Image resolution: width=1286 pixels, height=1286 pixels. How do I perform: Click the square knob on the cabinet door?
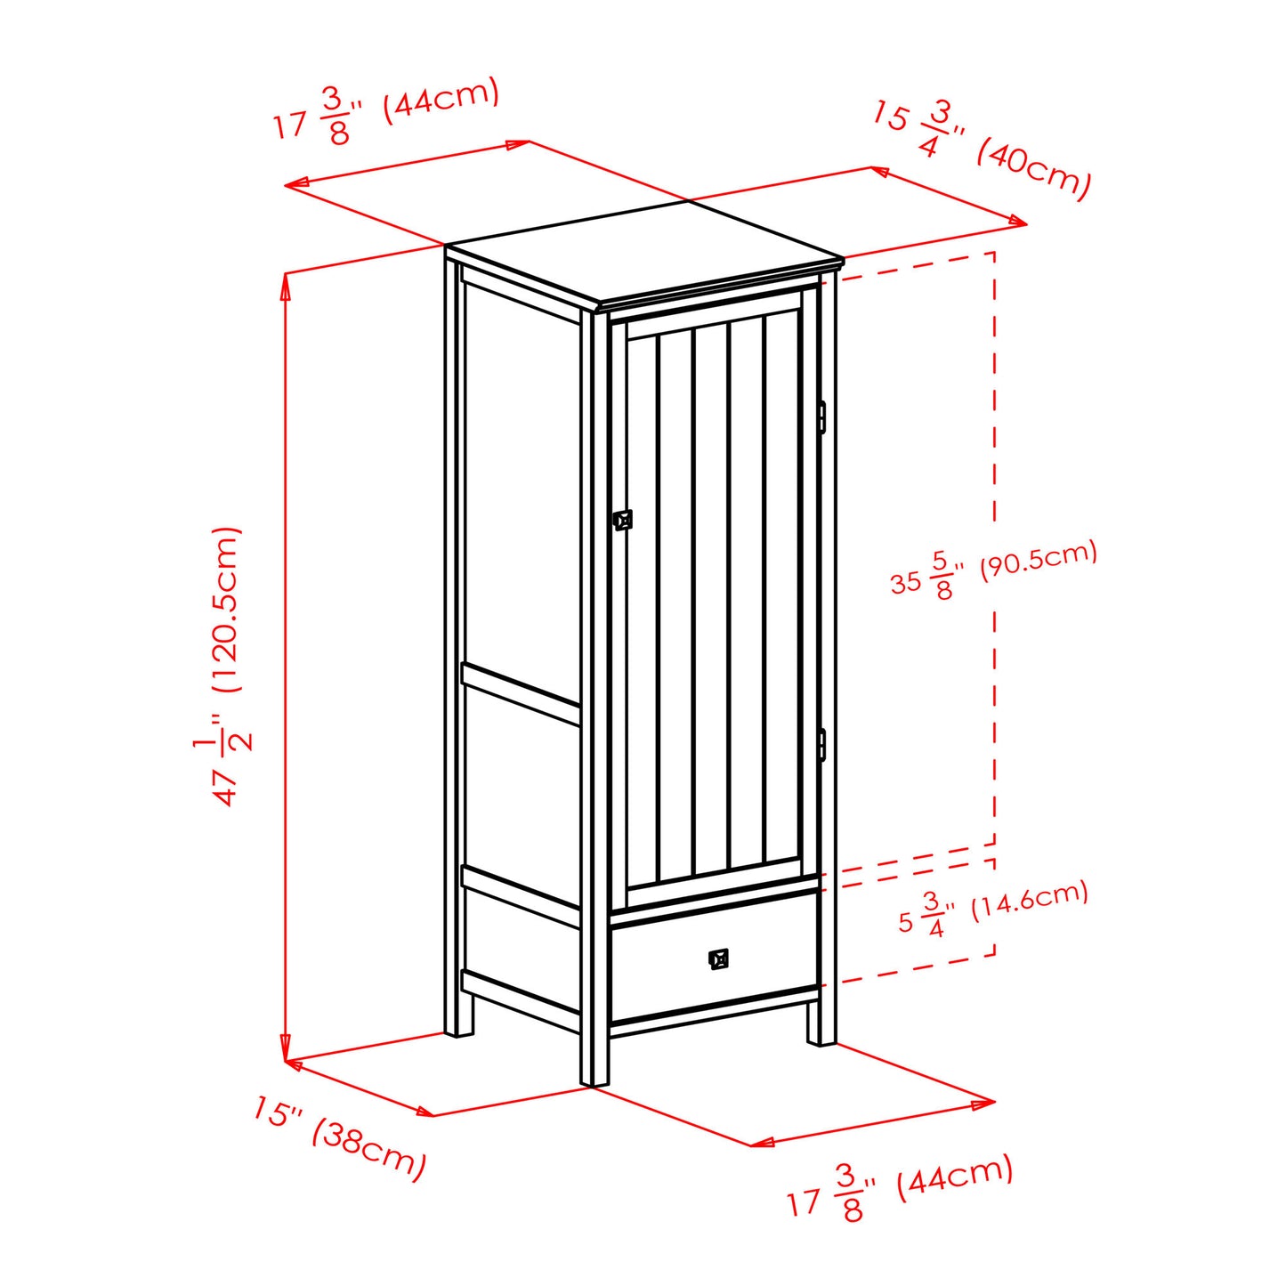coord(623,520)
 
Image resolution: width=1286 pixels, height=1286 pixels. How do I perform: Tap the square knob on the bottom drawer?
coord(718,959)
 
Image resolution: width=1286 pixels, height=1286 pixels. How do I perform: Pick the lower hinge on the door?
coord(823,744)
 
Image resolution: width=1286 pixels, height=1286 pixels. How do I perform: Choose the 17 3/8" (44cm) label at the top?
coord(386,110)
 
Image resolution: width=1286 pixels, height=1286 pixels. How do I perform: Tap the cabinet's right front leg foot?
coord(822,1026)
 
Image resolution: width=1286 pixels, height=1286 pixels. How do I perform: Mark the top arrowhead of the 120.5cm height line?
coord(287,288)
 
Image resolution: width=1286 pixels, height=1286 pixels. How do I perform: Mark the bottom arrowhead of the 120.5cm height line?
coord(287,1044)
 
